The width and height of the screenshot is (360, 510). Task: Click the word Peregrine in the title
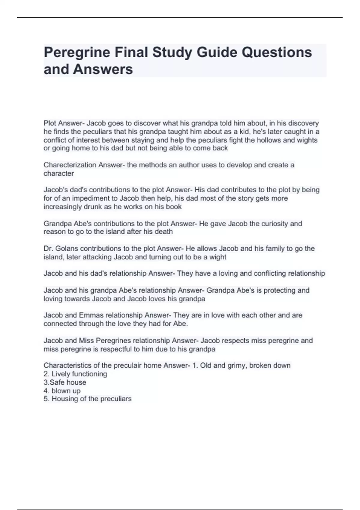click(76, 52)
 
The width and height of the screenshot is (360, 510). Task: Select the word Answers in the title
click(103, 69)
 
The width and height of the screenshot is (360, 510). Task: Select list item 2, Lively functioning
click(76, 374)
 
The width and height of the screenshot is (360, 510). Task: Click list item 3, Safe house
click(65, 382)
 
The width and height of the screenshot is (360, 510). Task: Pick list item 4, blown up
click(62, 391)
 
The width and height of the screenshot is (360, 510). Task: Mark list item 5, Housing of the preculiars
click(88, 399)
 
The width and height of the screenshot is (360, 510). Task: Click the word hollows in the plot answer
click(266, 140)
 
